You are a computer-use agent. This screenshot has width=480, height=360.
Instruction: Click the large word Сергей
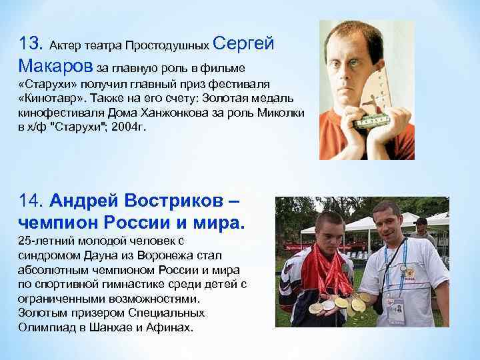coord(246,43)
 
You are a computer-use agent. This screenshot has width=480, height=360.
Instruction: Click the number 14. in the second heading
coord(31,199)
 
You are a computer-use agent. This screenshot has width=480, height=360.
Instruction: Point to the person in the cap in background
coord(422,229)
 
